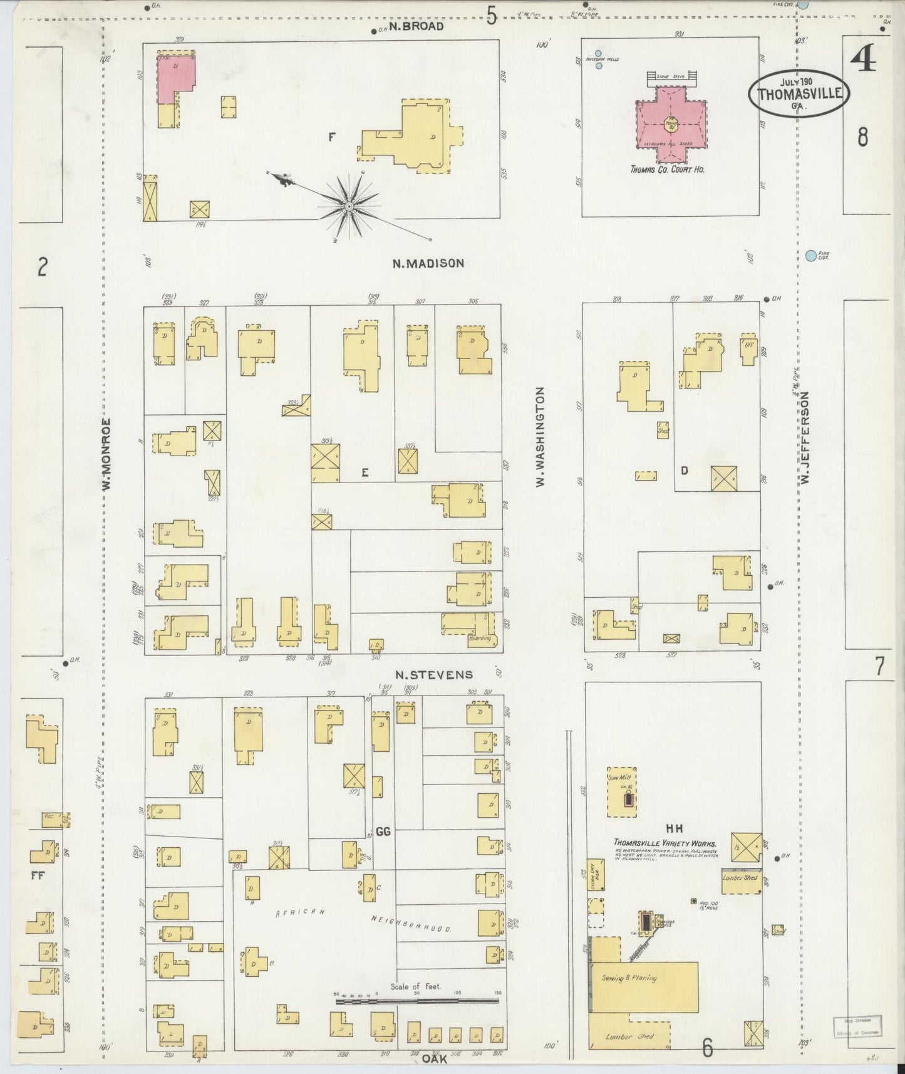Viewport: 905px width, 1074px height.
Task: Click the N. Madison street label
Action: (x=428, y=264)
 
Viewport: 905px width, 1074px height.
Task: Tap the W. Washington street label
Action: (x=539, y=436)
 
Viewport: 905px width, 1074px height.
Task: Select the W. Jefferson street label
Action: (x=805, y=437)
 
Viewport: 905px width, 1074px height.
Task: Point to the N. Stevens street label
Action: (x=433, y=675)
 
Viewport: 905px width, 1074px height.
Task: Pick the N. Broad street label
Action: (x=416, y=26)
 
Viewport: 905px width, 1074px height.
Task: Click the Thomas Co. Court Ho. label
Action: (x=667, y=169)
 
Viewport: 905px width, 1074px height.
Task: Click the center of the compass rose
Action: (x=349, y=206)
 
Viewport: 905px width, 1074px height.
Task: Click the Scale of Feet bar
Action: (x=416, y=1001)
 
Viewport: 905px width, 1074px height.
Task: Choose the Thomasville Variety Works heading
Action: (x=665, y=843)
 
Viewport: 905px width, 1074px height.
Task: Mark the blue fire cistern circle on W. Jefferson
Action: (x=811, y=256)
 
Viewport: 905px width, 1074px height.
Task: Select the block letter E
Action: (x=365, y=474)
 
